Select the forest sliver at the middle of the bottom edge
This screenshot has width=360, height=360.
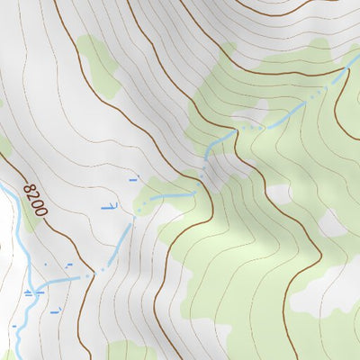(x=130, y=351)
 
